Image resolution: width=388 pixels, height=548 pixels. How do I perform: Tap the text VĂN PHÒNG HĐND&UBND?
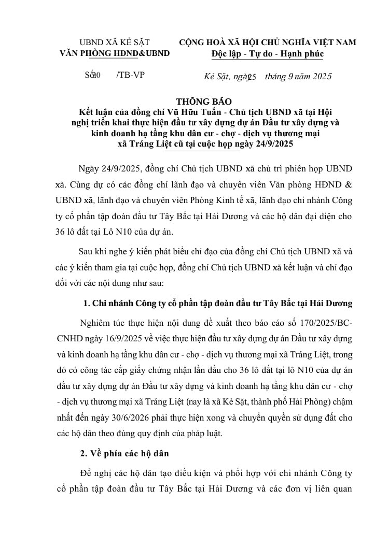115,53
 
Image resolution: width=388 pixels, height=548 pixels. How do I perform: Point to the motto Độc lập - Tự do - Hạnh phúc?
267,54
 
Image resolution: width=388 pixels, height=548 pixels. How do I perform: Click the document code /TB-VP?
131,75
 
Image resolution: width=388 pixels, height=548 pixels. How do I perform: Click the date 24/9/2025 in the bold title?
274,145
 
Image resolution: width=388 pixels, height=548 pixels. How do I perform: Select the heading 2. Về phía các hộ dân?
124,453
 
